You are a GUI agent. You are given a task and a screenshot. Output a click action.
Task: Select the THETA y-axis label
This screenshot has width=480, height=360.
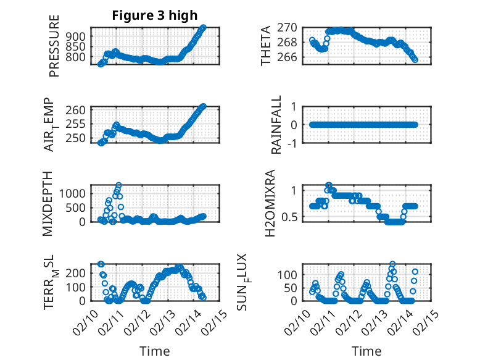pyautogui.click(x=266, y=46)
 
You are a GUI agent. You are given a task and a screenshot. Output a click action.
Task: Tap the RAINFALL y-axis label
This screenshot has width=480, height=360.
pyautogui.click(x=277, y=125)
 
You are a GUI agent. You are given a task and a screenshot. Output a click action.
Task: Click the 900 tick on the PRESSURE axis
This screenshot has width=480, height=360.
pyautogui.click(x=78, y=36)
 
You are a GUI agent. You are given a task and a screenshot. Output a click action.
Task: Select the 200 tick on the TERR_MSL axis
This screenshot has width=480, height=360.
pyautogui.click(x=78, y=273)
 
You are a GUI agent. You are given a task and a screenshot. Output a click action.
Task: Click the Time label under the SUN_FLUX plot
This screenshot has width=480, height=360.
pyautogui.click(x=366, y=351)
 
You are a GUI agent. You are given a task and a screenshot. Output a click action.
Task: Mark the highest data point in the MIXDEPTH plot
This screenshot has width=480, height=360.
pyautogui.click(x=118, y=185)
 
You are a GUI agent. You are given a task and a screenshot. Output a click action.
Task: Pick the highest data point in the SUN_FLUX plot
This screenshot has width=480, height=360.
pyautogui.click(x=392, y=264)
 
